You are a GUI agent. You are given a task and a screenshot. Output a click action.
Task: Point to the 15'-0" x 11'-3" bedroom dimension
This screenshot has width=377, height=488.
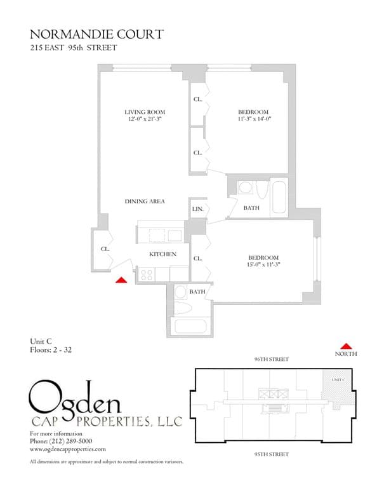[263, 264]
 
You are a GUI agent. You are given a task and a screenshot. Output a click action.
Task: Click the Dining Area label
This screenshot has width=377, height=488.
[145, 201]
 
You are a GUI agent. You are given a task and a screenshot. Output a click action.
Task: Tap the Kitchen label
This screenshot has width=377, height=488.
[162, 254]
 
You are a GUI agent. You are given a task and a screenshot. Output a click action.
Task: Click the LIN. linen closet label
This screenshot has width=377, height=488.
[197, 208]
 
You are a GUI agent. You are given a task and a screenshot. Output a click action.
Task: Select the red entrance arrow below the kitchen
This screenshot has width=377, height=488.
[121, 278]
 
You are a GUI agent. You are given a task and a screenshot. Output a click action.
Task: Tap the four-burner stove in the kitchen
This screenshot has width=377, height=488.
[147, 274]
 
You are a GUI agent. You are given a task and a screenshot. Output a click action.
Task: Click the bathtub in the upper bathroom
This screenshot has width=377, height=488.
[279, 198]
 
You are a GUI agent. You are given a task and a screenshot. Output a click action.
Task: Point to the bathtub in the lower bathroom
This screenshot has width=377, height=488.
[190, 329]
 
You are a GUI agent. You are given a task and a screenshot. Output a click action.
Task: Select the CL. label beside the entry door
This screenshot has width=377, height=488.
[105, 249]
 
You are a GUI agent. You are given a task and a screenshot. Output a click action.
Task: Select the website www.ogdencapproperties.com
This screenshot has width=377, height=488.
[68, 448]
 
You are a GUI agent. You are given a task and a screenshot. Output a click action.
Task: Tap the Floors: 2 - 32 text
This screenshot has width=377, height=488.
[51, 349]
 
